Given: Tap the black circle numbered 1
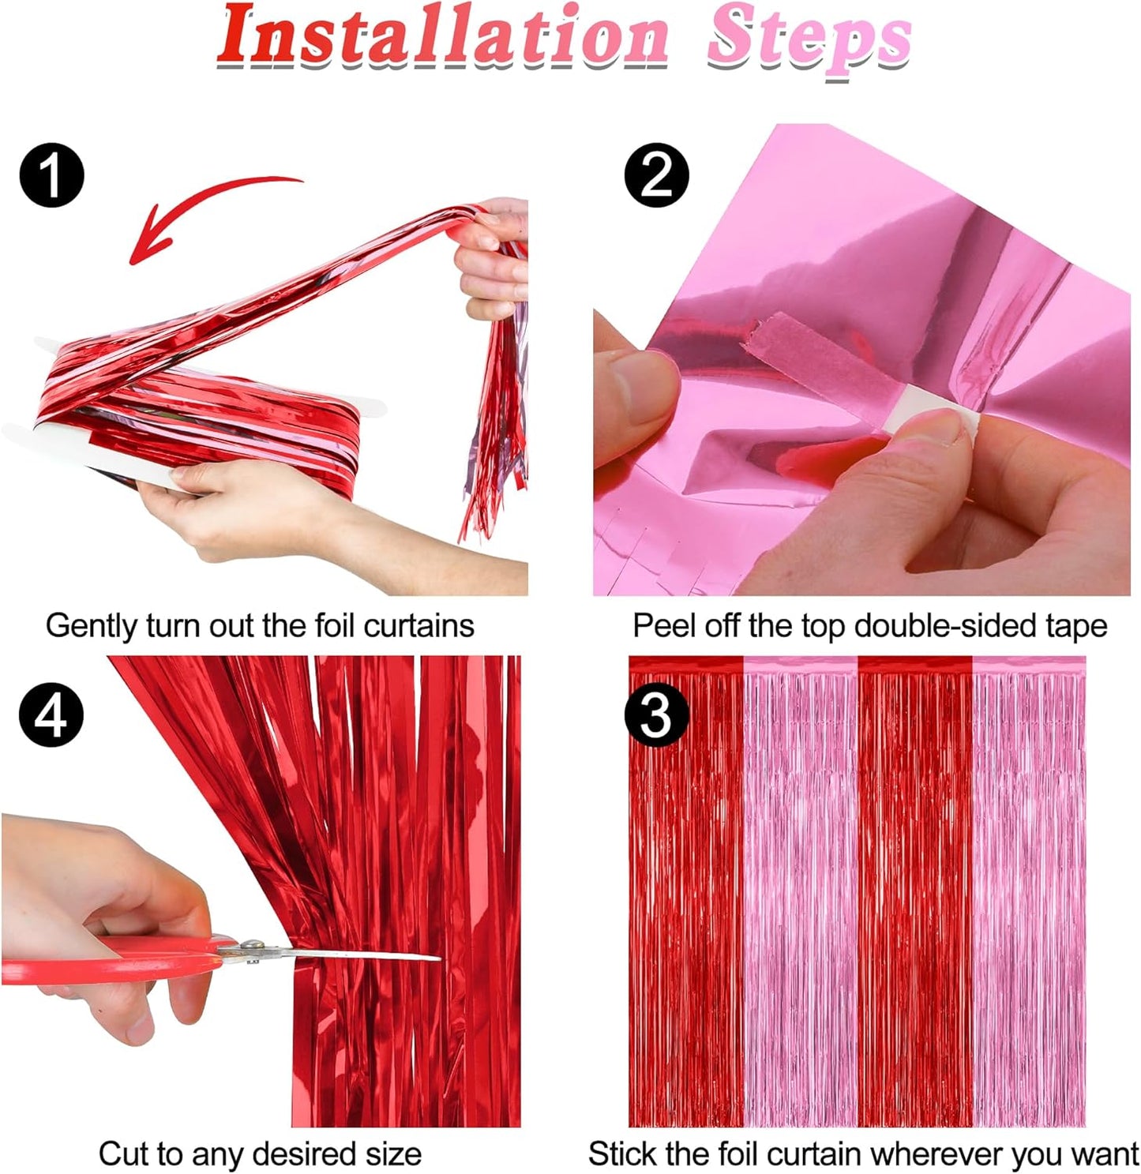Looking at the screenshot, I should (x=51, y=175).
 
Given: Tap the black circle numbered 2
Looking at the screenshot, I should (x=656, y=175).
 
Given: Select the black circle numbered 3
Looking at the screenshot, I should (x=656, y=717).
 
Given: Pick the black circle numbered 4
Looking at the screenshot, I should (x=51, y=715).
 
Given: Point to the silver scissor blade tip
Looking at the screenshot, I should (x=434, y=958).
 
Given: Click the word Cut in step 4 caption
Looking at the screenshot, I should (x=122, y=1154).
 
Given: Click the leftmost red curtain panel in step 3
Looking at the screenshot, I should (x=685, y=892).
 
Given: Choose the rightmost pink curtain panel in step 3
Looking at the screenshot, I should (x=1029, y=892).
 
